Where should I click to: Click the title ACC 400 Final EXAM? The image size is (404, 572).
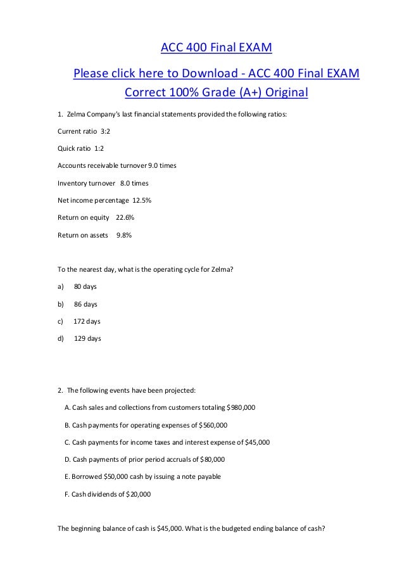click(216, 48)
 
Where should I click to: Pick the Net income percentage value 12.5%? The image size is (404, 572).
click(141, 200)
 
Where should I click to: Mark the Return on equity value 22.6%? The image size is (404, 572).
click(125, 218)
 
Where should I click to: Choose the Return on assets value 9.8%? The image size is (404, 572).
click(123, 235)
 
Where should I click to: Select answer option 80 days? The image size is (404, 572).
click(85, 286)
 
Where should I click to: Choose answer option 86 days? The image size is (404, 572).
click(85, 304)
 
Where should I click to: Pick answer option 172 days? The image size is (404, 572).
click(87, 321)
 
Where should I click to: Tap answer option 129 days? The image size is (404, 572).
click(87, 338)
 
